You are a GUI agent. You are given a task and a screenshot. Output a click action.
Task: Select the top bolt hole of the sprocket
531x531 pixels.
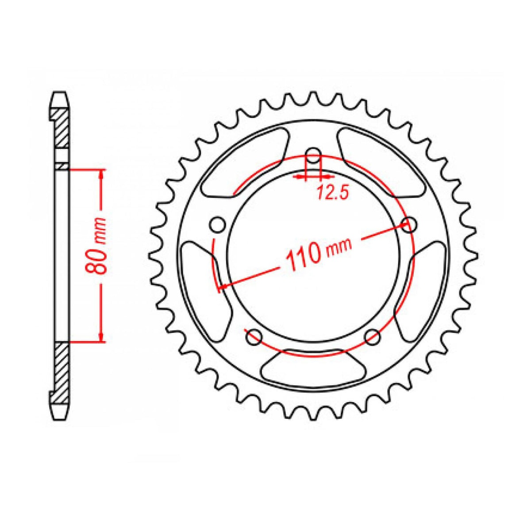314,157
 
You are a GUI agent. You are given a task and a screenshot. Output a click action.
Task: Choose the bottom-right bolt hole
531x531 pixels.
373,336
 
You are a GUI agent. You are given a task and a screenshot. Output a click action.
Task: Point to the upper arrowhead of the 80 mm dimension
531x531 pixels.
102,174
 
